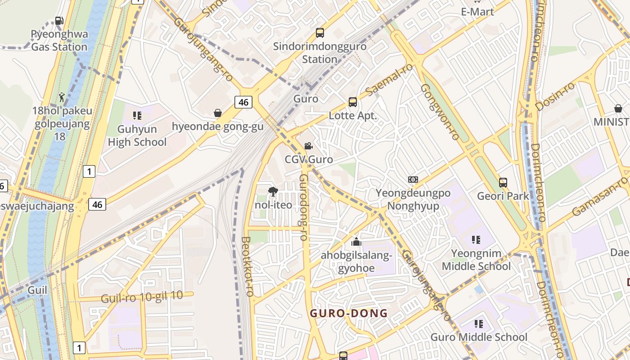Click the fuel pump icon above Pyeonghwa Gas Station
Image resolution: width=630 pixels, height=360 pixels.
pos(59,20)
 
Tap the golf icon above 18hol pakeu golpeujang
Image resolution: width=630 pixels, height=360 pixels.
pos(62,97)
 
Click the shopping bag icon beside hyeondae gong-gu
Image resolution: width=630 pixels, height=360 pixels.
pos(218,113)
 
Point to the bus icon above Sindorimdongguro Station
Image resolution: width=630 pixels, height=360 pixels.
pos(320,33)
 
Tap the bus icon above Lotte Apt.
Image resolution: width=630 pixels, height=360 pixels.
pos(353,102)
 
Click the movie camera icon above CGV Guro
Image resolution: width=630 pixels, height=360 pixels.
pos(308,146)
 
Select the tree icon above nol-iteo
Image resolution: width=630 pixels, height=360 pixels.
pos(273,192)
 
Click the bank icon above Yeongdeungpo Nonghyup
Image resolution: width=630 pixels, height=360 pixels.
pos(413,180)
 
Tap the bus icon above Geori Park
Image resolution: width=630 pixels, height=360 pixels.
pos(503,183)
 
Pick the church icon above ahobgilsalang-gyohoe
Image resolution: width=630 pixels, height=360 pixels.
pos(356,242)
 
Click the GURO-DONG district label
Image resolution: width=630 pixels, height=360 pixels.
pos(349,313)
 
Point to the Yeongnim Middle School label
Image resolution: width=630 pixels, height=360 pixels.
pos(476,260)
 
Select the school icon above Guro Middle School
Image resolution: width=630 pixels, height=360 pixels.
pos(478,324)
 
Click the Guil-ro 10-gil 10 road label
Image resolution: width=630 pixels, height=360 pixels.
pos(142,297)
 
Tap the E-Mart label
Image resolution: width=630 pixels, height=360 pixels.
pos(477,12)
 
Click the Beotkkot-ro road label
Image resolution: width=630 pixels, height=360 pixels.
pos(247,266)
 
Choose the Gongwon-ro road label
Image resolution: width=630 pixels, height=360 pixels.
pos(440,111)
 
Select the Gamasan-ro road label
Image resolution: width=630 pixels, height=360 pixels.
pos(600,196)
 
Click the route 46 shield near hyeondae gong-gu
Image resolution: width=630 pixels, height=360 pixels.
pos(243,102)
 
